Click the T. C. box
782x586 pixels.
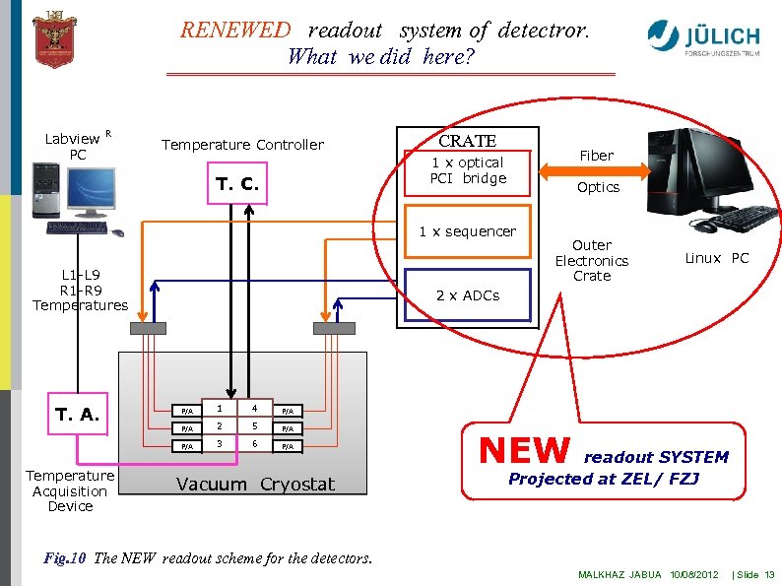(237, 184)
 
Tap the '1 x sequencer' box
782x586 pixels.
(467, 231)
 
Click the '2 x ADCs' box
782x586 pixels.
(467, 295)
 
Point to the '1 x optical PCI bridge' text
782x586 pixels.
(467, 170)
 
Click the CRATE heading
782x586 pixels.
(467, 141)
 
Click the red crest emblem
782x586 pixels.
(54, 38)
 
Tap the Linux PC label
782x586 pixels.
(716, 258)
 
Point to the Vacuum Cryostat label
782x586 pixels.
(255, 484)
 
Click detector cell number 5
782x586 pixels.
(254, 427)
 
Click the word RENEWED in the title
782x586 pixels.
(235, 30)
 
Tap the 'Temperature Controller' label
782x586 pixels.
(242, 145)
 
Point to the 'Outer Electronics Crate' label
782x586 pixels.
(591, 260)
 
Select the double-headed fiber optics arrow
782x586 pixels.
(597, 170)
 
